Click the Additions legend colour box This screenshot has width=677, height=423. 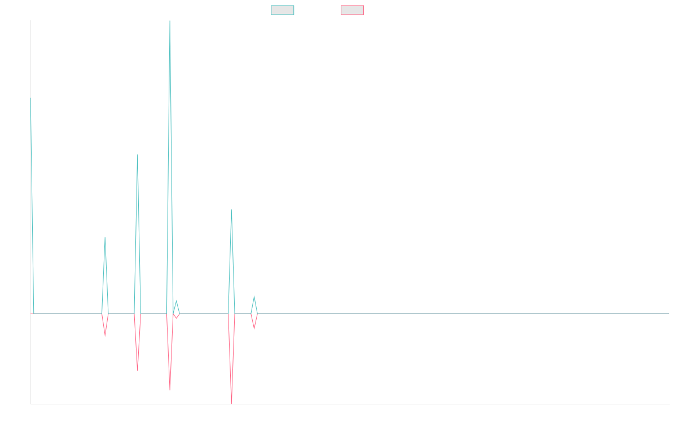click(x=283, y=10)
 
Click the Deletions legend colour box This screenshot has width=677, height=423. click(x=353, y=10)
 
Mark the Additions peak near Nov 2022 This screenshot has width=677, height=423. click(x=105, y=238)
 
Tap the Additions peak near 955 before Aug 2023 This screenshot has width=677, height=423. click(x=231, y=210)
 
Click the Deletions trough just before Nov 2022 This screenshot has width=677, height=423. click(x=105, y=337)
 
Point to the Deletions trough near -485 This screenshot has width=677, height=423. click(x=138, y=371)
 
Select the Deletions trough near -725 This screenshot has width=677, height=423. click(x=170, y=390)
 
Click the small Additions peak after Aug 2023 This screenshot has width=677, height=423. click(x=254, y=297)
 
